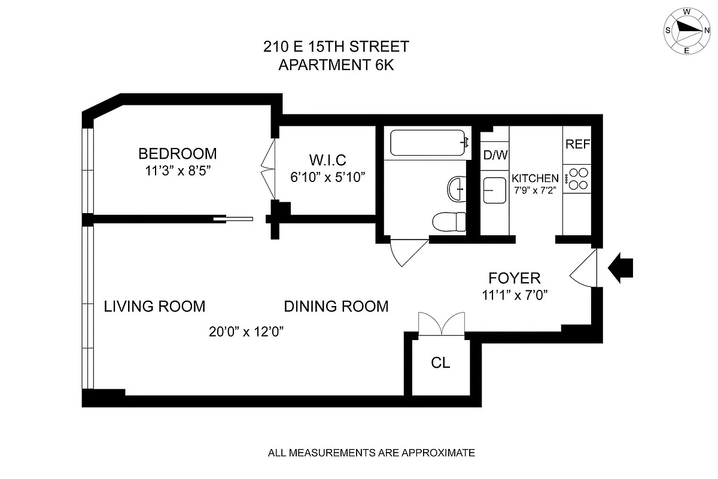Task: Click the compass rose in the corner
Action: tap(686, 31)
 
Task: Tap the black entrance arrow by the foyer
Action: tap(620, 267)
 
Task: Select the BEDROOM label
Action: tap(177, 153)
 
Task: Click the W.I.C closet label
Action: tap(327, 160)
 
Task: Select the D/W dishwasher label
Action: tap(495, 156)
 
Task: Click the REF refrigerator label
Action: tap(578, 144)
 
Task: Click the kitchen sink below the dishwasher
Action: tap(495, 190)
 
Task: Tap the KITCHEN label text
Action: tap(535, 178)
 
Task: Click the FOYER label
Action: tap(515, 278)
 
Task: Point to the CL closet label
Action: tap(440, 363)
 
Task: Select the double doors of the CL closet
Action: tap(442, 323)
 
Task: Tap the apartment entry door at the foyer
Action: tap(583, 269)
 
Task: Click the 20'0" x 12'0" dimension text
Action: tap(246, 332)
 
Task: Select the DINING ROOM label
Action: tap(336, 307)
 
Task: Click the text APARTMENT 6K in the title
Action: tap(336, 65)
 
